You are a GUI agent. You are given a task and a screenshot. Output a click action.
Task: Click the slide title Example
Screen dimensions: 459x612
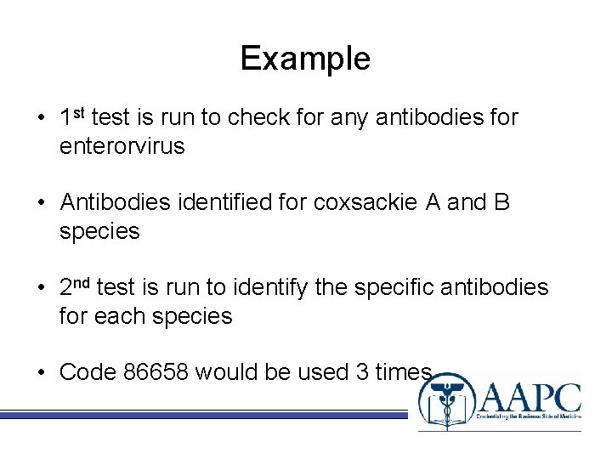(x=305, y=59)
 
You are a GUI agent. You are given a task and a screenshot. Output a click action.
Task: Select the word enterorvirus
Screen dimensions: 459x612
(x=122, y=146)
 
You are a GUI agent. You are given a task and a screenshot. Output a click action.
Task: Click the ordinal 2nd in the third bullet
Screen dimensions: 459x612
(x=76, y=287)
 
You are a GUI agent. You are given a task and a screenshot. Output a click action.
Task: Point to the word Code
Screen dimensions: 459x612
(x=88, y=372)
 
